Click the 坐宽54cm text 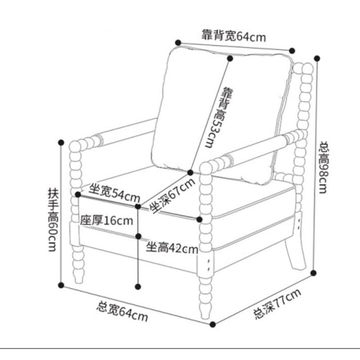114,192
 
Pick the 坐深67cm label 172,197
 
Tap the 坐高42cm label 172,248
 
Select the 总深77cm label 277,305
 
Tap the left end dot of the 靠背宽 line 179,42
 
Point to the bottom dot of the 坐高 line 138,285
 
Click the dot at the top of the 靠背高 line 230,58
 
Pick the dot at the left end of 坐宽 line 78,194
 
